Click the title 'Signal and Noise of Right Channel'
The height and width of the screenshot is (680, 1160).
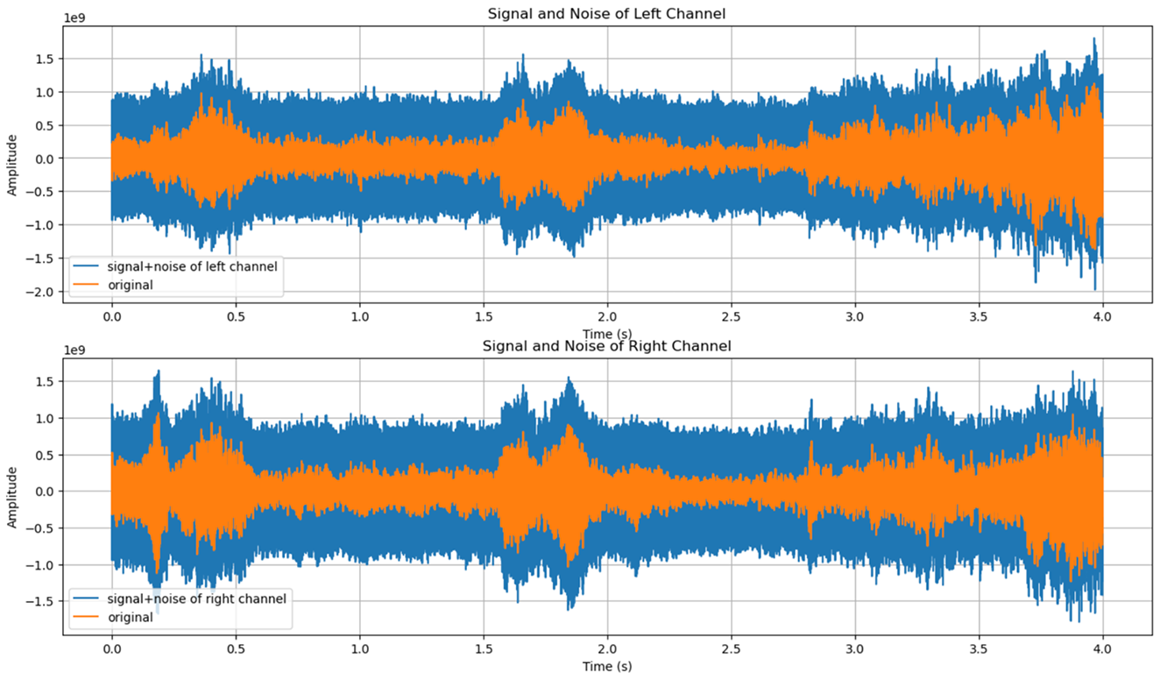click(x=606, y=346)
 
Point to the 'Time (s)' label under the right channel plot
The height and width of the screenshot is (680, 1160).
click(x=606, y=667)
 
